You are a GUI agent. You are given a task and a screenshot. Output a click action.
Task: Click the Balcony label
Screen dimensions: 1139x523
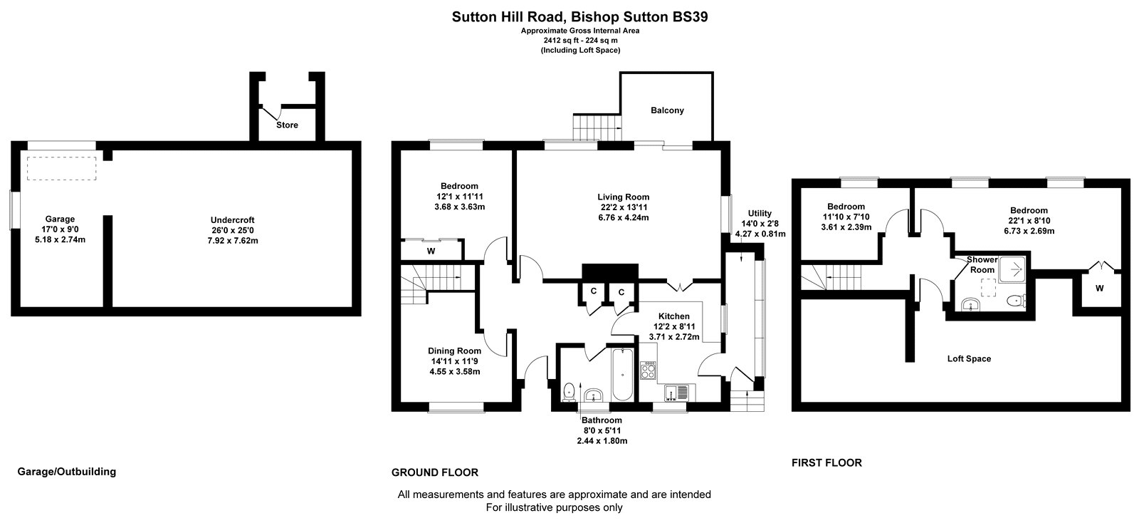(x=667, y=110)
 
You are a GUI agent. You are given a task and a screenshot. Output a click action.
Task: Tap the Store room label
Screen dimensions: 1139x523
(x=287, y=125)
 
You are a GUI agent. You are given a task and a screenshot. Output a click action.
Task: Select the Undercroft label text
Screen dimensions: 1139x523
(x=232, y=219)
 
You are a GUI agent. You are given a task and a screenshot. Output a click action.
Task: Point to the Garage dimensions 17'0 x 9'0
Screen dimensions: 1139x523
(x=60, y=229)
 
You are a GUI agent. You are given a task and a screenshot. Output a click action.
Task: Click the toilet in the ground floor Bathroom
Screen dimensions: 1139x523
(x=569, y=391)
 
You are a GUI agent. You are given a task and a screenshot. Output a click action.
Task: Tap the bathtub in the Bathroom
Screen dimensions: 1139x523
(x=622, y=375)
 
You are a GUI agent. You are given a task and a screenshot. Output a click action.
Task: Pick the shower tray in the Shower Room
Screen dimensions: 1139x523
(x=1012, y=269)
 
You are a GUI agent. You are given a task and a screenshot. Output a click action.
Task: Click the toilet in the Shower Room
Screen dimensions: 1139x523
(x=1015, y=301)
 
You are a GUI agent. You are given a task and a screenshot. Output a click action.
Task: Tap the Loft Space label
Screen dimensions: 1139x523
(x=969, y=358)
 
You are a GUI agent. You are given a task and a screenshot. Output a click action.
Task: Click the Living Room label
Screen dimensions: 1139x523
(x=624, y=197)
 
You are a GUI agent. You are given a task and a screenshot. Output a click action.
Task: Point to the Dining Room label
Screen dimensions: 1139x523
(x=455, y=351)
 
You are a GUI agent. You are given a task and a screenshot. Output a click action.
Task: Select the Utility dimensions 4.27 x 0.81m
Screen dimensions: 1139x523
(x=760, y=234)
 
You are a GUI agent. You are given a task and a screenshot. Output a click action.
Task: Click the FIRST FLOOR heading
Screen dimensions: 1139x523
(x=826, y=463)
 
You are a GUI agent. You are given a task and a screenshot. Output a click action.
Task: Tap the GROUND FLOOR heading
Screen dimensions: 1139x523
(x=435, y=472)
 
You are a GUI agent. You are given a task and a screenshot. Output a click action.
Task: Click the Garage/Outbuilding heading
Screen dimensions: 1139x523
(x=67, y=472)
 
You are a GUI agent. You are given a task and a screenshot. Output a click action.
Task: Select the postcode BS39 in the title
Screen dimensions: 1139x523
(x=690, y=17)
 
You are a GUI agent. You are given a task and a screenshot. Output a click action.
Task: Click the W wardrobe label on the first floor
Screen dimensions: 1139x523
(x=1100, y=289)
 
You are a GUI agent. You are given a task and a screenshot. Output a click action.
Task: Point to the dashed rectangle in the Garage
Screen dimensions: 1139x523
(x=61, y=168)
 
